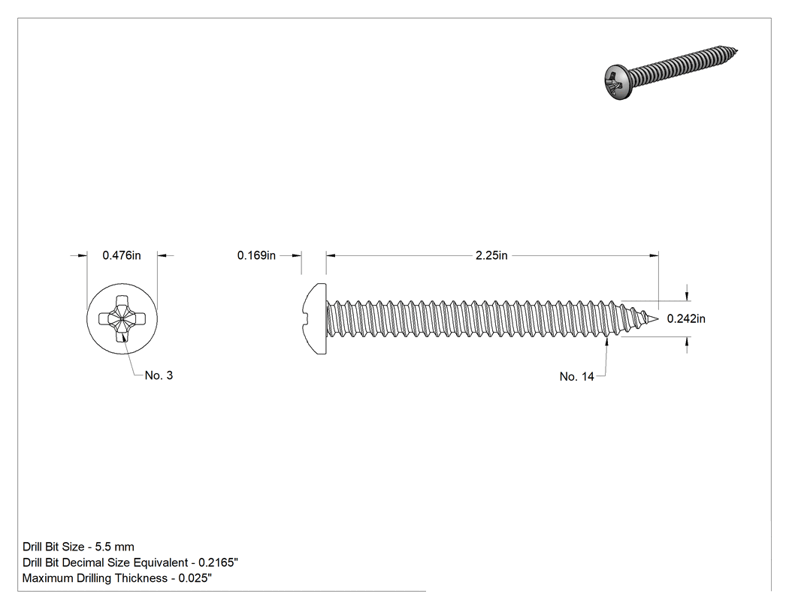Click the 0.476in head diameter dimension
pyautogui.click(x=122, y=255)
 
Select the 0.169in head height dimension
pyautogui.click(x=256, y=255)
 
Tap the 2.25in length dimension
pyautogui.click(x=491, y=255)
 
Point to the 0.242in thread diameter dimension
pyautogui.click(x=686, y=319)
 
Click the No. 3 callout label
pyautogui.click(x=159, y=375)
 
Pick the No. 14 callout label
pyautogui.click(x=576, y=377)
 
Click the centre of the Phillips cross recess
pyautogui.click(x=122, y=318)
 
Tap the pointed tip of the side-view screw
pyautogui.click(x=657, y=318)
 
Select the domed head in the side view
pyautogui.click(x=315, y=318)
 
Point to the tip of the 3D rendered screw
pyautogui.click(x=736, y=50)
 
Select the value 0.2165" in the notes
pyautogui.click(x=218, y=562)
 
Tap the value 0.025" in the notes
pyautogui.click(x=195, y=577)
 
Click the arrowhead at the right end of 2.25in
pyautogui.click(x=654, y=255)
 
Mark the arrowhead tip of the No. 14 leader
pyautogui.click(x=607, y=338)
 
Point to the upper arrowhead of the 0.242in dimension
pyautogui.click(x=688, y=296)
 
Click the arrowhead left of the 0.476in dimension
pyautogui.click(x=83, y=255)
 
